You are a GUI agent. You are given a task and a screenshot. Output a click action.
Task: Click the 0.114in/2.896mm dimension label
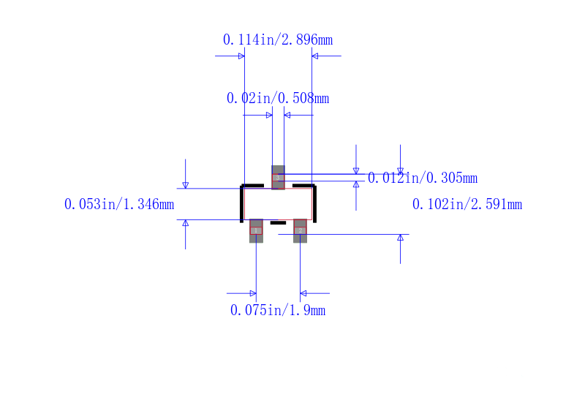point(278,39)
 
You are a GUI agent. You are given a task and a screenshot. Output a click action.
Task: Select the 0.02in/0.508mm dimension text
point(278,98)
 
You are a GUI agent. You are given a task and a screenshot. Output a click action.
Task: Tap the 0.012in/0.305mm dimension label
point(423,178)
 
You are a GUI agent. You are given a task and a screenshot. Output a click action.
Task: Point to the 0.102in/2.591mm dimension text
point(467,204)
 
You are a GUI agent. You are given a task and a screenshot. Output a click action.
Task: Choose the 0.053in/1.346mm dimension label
point(119,204)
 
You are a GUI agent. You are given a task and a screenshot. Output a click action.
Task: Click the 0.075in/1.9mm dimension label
point(278,310)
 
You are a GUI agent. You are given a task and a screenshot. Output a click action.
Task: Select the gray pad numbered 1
point(256,230)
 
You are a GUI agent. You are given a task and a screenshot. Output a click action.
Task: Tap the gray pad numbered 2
point(300,230)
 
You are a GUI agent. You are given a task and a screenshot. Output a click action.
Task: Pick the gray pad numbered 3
point(278,178)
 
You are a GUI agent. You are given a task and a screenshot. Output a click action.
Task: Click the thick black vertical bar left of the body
point(242,204)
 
